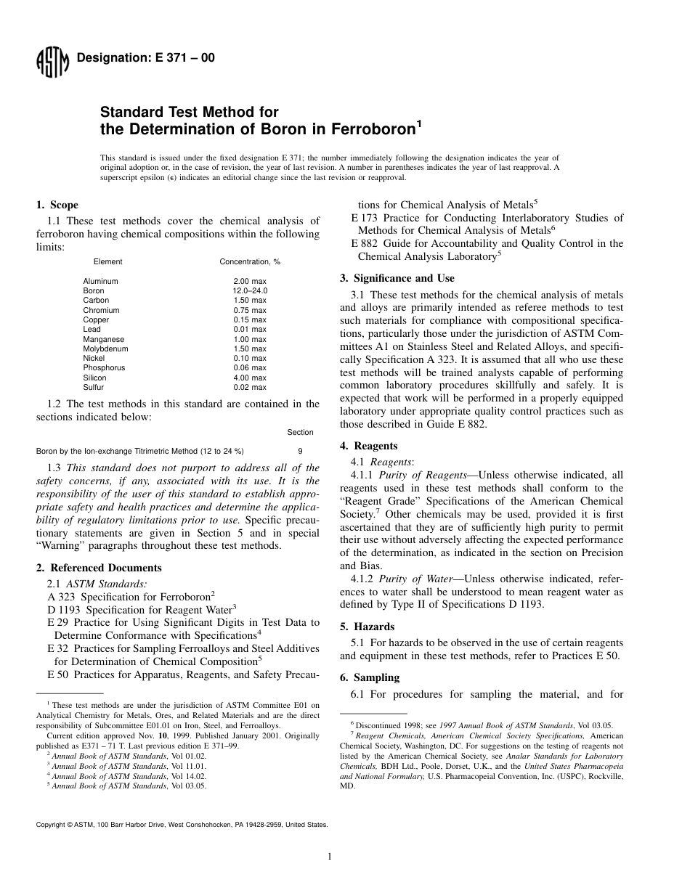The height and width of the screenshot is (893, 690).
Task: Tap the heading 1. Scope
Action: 57,205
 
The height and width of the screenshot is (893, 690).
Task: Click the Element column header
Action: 107,261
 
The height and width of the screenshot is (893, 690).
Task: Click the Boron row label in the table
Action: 94,290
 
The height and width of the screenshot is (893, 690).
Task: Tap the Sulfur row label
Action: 94,388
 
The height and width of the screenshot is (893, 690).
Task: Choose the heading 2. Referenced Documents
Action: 99,568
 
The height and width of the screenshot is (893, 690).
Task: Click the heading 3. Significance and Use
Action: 397,278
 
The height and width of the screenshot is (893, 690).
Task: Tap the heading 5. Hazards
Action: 368,627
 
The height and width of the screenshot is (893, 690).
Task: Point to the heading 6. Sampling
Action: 370,677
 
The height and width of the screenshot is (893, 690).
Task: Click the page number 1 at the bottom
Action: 330,857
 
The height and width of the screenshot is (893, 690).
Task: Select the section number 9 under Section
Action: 300,451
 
